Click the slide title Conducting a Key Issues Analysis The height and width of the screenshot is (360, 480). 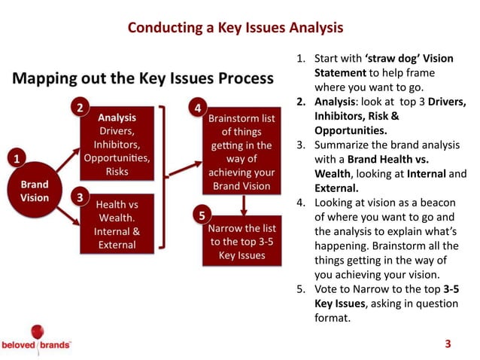235,29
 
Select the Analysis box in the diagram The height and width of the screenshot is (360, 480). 117,144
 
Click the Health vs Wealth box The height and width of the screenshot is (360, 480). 117,223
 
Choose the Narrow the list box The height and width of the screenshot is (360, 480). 242,242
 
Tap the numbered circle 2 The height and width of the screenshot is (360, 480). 81,108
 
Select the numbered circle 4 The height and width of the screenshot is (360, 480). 197,108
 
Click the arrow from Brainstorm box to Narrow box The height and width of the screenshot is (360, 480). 243,205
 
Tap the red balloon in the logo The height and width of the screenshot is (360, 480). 37,331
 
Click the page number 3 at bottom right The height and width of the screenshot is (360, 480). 448,344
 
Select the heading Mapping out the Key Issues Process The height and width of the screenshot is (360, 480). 142,78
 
